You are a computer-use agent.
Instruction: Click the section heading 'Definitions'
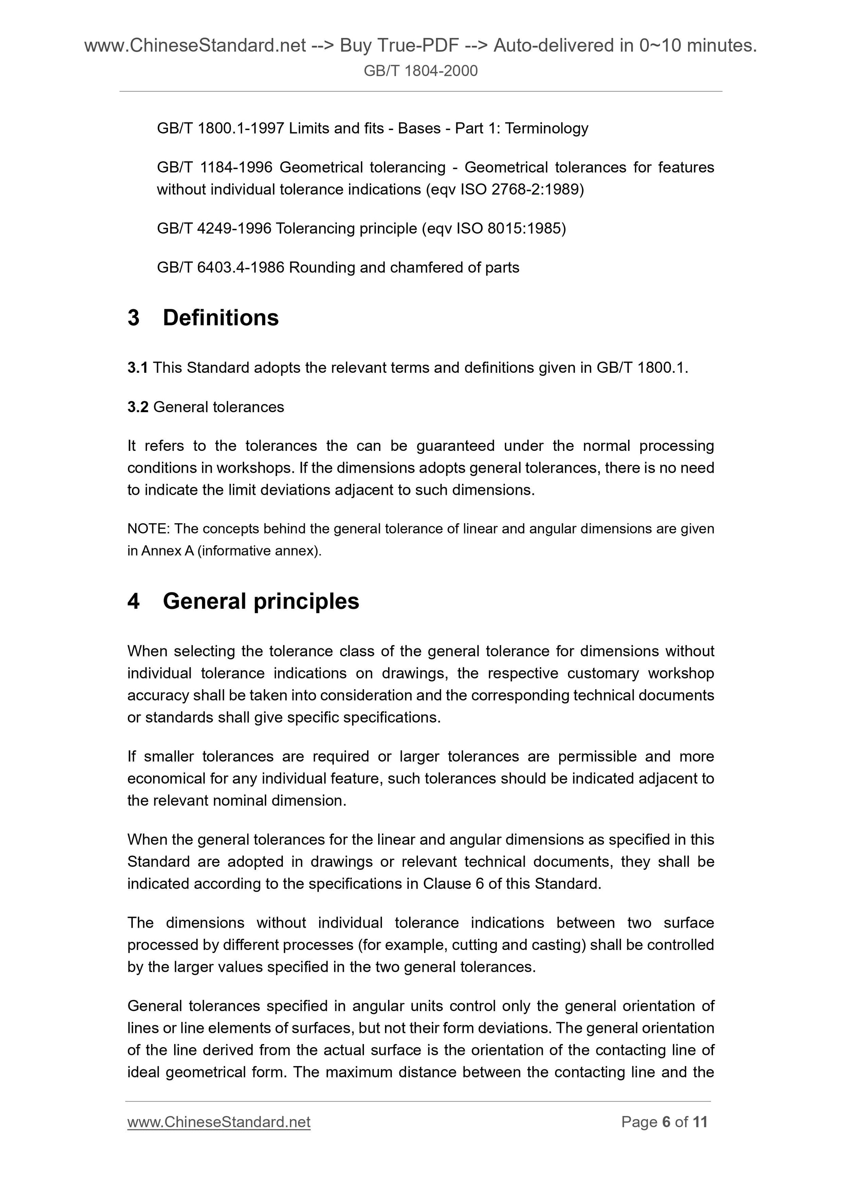tap(220, 318)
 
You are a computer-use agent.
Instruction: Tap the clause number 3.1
tap(137, 368)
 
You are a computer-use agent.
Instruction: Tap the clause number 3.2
tap(137, 407)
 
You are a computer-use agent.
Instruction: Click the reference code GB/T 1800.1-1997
tap(220, 128)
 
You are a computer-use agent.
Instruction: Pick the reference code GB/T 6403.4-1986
tap(220, 267)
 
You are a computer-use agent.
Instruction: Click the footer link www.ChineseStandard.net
tap(219, 1122)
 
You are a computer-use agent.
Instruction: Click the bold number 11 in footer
tap(700, 1122)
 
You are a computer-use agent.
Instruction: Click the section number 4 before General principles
tap(133, 601)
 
